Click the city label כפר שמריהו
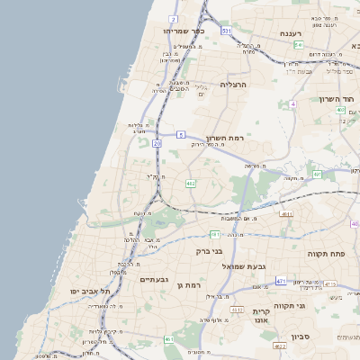pos(184,31)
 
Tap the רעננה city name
pos(290,33)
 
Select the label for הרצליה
pos(233,85)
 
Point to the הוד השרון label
pos(338,99)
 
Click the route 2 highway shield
pos(173,18)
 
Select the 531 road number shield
pos(226,31)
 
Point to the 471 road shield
pos(281,282)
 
